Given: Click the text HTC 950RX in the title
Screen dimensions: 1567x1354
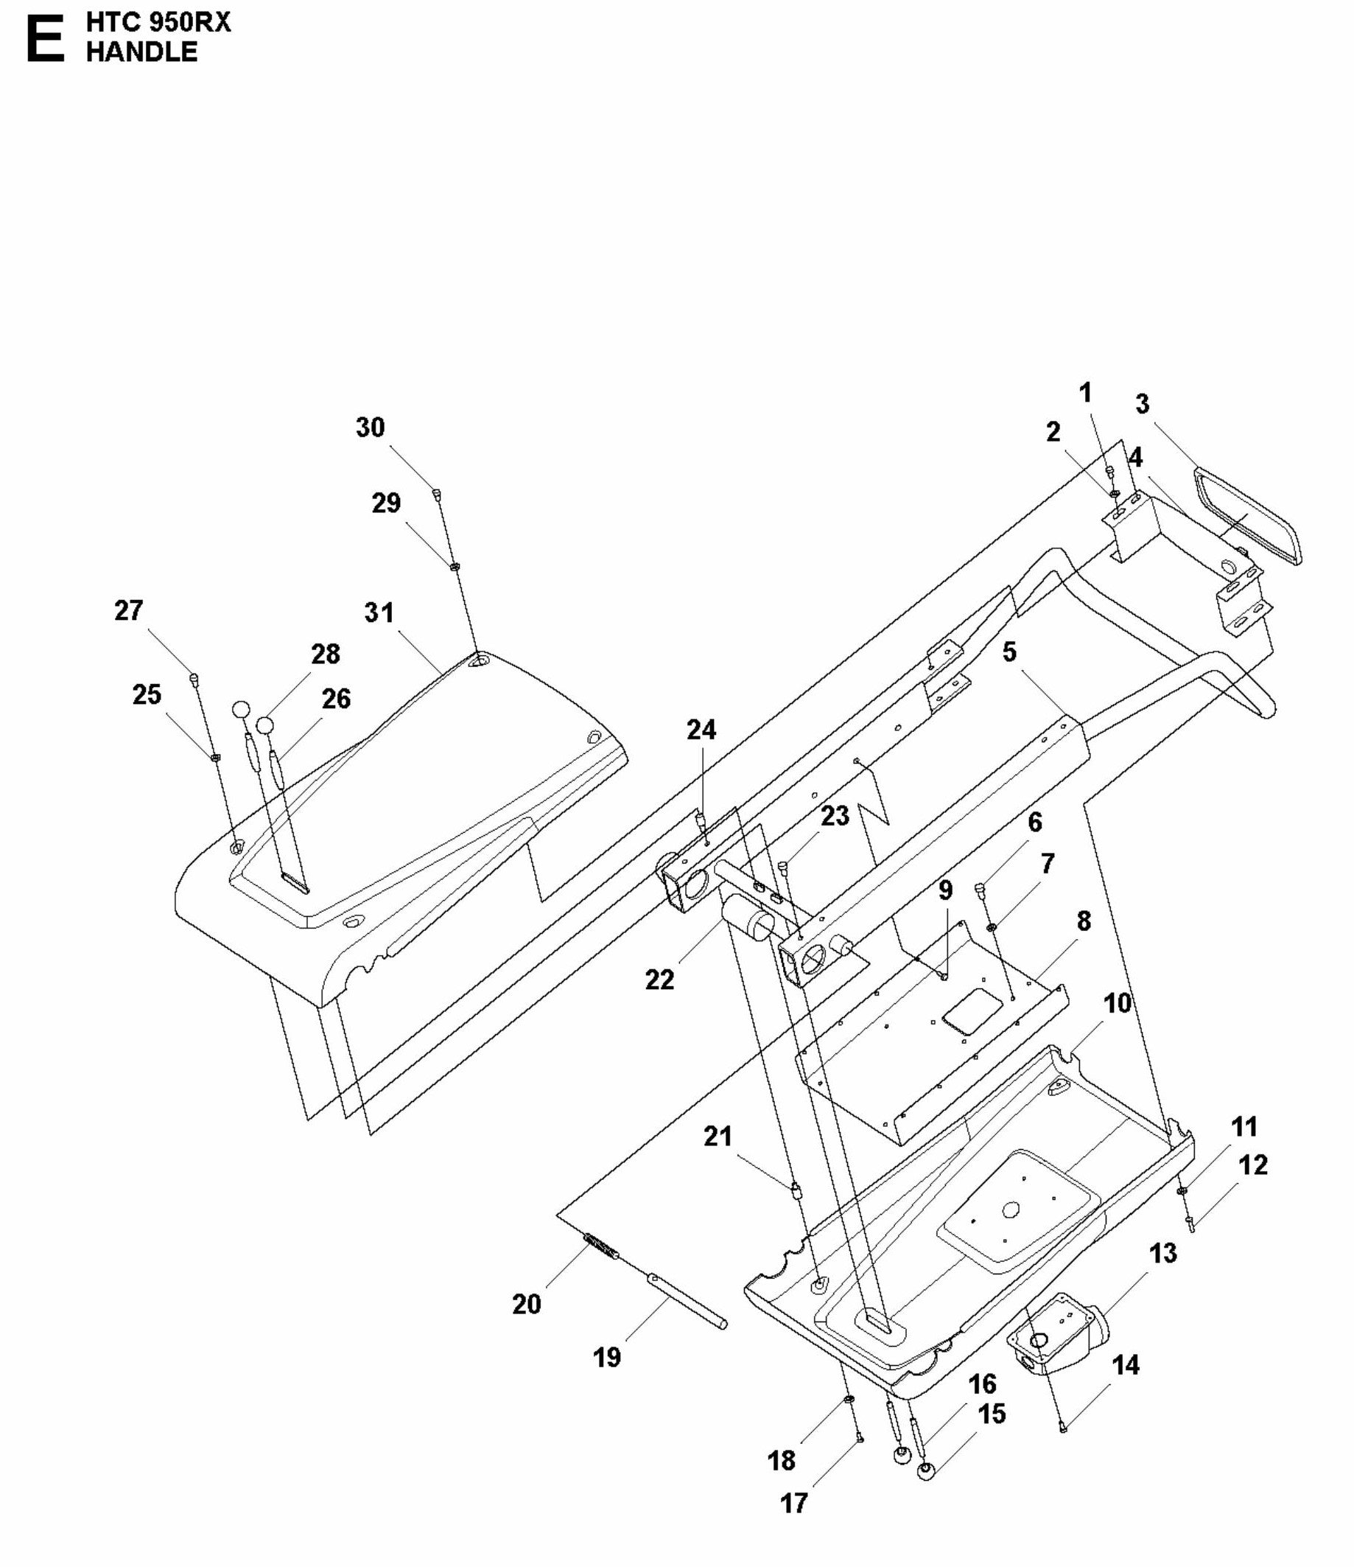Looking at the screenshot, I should click(x=158, y=23).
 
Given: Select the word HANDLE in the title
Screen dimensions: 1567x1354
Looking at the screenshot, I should click(x=141, y=52).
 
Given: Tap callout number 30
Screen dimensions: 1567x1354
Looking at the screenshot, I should click(x=370, y=427).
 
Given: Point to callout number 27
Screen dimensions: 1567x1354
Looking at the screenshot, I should click(x=128, y=610).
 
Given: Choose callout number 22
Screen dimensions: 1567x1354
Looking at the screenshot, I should click(x=659, y=980).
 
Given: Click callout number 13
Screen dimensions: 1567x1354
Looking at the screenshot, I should click(x=1162, y=1253).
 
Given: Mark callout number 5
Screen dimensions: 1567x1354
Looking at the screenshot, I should click(x=1009, y=652).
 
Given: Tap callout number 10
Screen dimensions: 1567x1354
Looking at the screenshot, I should click(x=1118, y=1004).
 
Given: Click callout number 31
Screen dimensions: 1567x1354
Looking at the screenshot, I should click(x=379, y=612).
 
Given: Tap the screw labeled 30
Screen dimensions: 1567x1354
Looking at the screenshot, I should click(x=437, y=494).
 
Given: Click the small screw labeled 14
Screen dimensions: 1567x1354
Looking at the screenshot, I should click(x=1062, y=1427).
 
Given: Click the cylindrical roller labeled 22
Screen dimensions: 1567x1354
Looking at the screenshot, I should click(x=747, y=924).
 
